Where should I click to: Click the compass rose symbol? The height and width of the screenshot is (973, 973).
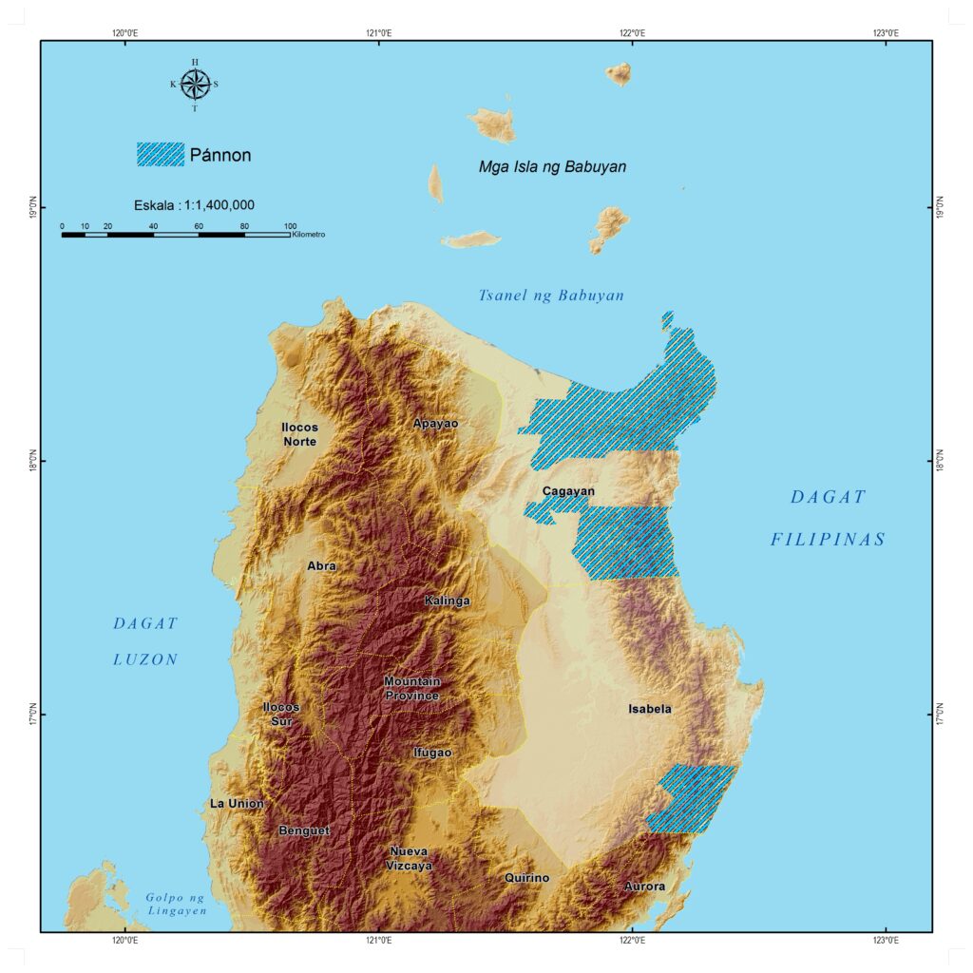tap(195, 85)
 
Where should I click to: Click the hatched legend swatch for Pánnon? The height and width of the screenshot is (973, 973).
tap(161, 154)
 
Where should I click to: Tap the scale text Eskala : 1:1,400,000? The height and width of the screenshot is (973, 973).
tap(194, 204)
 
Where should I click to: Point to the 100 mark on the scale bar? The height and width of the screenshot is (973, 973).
tap(290, 225)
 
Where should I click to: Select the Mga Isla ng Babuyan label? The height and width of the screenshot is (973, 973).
tap(552, 167)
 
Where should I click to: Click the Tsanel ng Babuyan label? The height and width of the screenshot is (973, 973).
tap(551, 296)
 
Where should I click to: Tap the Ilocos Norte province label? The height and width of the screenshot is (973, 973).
tap(299, 434)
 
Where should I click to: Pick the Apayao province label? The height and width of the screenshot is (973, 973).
tap(436, 423)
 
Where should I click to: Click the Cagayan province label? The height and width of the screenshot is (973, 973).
tap(568, 491)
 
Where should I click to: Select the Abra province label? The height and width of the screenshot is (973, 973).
tap(321, 565)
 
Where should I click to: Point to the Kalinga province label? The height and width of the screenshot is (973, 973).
tap(447, 601)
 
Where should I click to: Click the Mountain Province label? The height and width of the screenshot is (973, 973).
tap(411, 689)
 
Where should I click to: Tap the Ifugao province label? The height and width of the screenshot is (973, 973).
tap(432, 753)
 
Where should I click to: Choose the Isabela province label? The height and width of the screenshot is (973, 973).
tap(650, 709)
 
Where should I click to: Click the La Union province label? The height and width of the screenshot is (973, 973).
tap(237, 804)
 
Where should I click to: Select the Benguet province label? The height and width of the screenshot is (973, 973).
tap(304, 830)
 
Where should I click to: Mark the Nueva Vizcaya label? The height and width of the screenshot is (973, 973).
tap(410, 858)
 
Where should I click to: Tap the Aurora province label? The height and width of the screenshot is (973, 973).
tap(644, 887)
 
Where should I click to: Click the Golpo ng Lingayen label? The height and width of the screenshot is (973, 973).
tap(176, 904)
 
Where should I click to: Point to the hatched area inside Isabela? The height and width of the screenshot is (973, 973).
tap(694, 799)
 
